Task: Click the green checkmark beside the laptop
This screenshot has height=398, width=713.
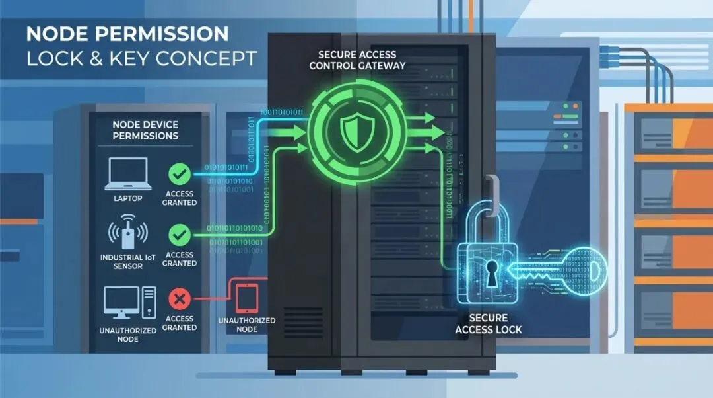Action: pos(180,175)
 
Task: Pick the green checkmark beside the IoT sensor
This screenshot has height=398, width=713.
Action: pos(180,235)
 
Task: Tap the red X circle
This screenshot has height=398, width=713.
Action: pos(180,299)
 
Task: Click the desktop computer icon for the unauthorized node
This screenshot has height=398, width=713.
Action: pos(129,301)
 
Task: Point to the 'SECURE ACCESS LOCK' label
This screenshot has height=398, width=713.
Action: pos(489,323)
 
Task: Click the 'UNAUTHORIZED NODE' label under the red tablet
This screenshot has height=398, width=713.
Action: pos(246,325)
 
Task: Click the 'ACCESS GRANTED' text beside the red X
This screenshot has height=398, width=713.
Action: pos(180,322)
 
